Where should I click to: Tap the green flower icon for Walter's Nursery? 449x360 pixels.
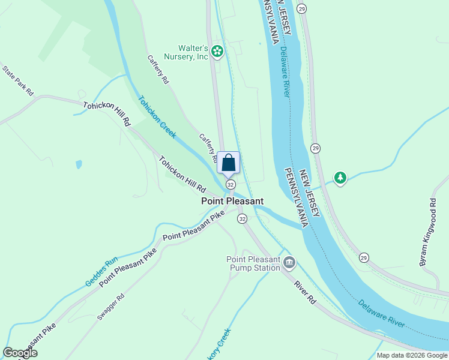click(217, 53)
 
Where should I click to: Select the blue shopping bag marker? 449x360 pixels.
click(229, 163)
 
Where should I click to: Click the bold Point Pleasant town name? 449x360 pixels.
click(232, 202)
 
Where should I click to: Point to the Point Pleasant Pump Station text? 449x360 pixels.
click(253, 263)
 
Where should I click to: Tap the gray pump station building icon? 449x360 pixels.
click(289, 262)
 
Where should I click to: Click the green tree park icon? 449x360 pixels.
click(340, 178)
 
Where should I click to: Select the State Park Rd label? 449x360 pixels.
click(18, 80)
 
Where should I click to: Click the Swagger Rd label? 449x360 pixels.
click(111, 305)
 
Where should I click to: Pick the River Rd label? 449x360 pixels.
click(304, 291)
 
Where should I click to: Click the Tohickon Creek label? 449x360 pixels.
click(157, 116)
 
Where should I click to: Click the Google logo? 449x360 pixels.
click(20, 353)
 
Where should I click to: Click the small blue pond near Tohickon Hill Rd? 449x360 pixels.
click(79, 164)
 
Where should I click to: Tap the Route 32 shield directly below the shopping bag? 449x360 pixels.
click(230, 184)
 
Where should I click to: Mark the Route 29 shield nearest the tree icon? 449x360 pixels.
click(315, 148)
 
